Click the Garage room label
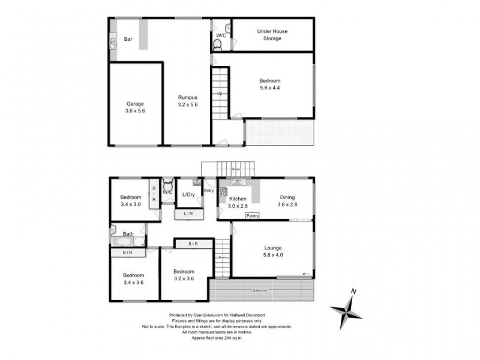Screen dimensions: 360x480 (135, 103)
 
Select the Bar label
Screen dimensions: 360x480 (128, 40)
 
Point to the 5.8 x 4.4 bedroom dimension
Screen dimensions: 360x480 (269, 88)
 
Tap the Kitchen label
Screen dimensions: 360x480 (238, 198)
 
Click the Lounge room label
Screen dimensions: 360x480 (272, 247)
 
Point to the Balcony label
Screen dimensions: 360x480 (260, 291)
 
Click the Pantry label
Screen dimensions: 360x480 (253, 216)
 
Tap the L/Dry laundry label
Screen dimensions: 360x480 (188, 194)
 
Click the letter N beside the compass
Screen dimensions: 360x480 (355, 292)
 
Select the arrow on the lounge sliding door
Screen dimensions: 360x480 (307, 274)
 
